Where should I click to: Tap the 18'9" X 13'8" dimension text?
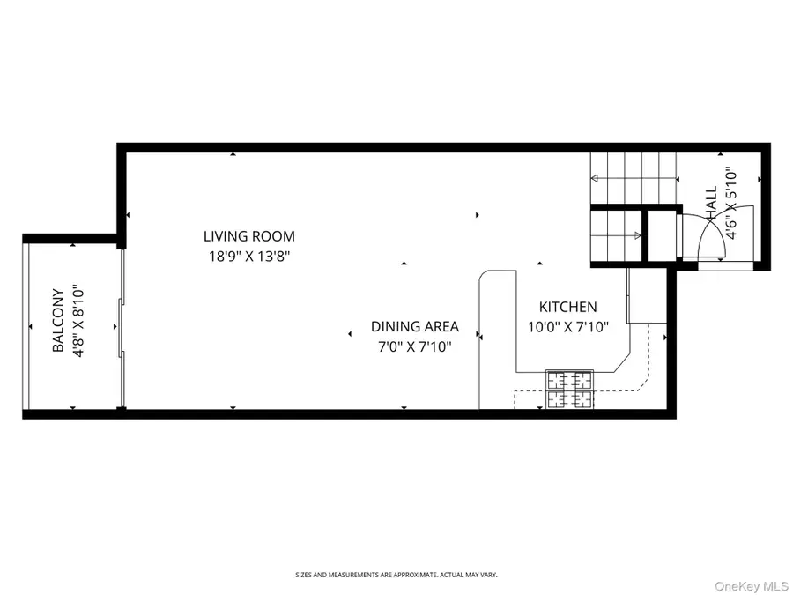(248, 257)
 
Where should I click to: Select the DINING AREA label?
(414, 326)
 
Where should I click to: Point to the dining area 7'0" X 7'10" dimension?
(414, 346)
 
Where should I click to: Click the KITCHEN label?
(568, 307)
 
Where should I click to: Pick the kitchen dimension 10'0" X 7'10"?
(568, 328)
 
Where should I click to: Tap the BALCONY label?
(58, 321)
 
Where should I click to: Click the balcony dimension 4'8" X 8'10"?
(78, 321)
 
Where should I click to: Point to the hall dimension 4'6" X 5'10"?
(730, 205)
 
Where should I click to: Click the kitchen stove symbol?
(568, 390)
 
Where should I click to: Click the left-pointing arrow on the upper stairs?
(596, 178)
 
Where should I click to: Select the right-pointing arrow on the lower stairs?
(638, 235)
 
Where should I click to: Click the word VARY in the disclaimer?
(489, 575)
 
